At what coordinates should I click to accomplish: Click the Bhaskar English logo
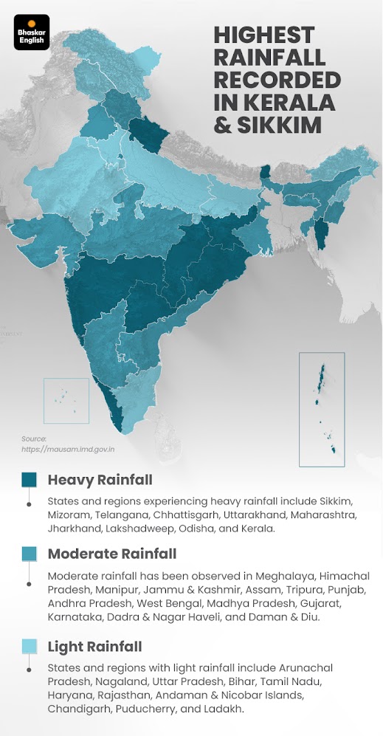pos(32,32)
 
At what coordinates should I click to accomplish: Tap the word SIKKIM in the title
pos(278,124)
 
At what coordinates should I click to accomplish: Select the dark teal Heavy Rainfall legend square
pos(29,480)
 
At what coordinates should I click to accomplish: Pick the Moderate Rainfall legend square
pos(29,554)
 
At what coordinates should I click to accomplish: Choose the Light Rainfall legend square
pos(29,647)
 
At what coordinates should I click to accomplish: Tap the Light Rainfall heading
pos(94,647)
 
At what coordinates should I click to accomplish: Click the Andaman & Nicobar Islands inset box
pos(322,409)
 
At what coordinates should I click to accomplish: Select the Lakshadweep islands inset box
pos(66,400)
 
